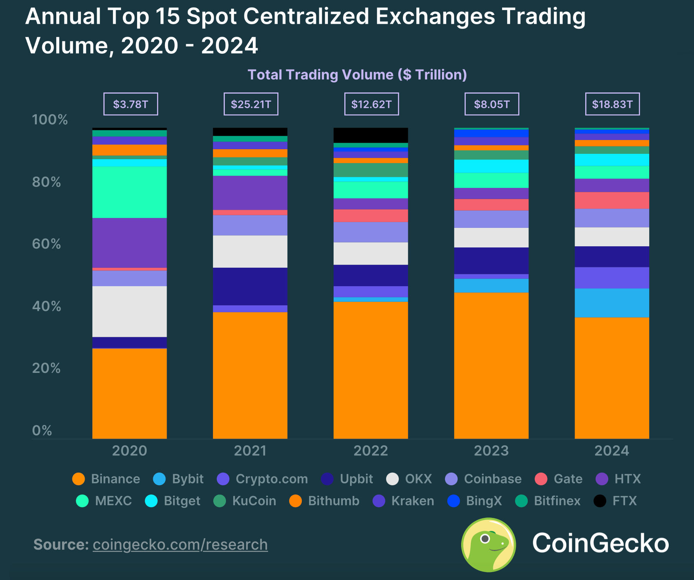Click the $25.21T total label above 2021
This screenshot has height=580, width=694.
click(251, 104)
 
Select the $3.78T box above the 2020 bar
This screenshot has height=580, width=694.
click(131, 104)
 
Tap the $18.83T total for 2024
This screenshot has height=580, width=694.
click(612, 104)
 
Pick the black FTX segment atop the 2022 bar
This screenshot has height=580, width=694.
click(370, 135)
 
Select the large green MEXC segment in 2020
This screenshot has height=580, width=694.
click(129, 192)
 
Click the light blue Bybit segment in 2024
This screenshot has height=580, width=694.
click(612, 303)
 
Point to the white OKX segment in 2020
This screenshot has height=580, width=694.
click(129, 311)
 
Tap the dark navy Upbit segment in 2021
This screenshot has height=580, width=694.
click(250, 286)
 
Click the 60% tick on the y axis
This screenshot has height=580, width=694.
click(46, 244)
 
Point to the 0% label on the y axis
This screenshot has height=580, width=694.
click(42, 430)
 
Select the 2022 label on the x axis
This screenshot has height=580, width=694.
click(370, 450)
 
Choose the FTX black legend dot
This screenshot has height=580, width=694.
click(599, 501)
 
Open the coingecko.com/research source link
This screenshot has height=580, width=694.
click(180, 544)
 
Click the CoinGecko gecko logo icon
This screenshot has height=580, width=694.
click(488, 544)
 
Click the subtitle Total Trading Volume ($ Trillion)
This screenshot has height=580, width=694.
click(357, 74)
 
